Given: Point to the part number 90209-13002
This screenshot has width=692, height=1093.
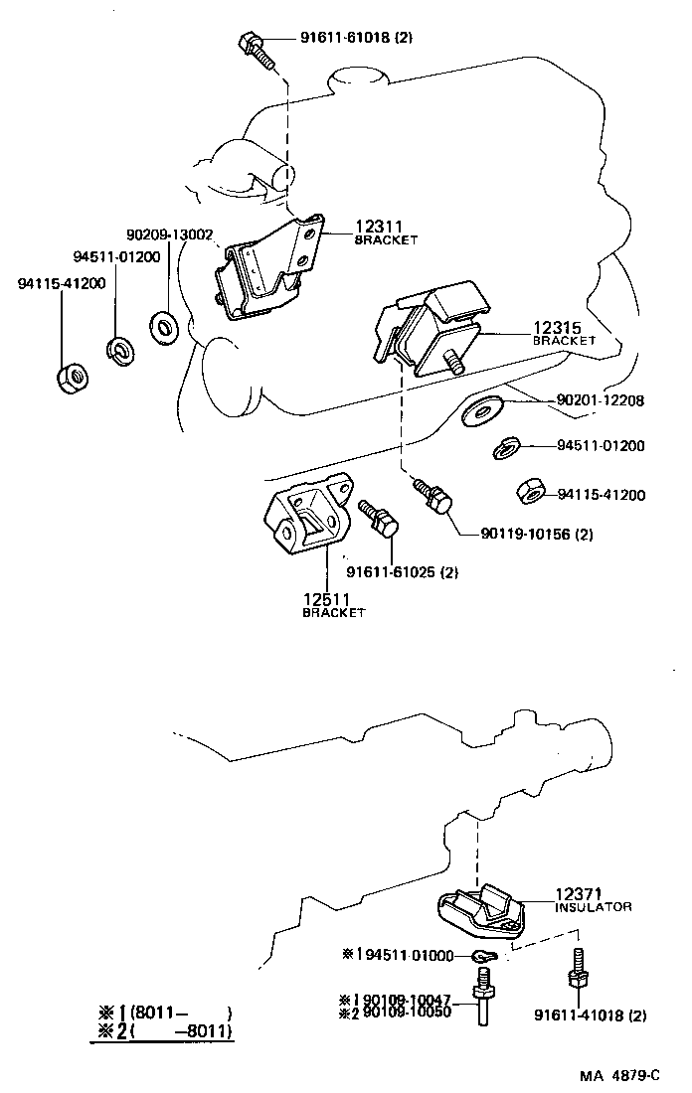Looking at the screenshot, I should [x=170, y=234].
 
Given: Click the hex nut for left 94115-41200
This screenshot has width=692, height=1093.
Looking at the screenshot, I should [x=73, y=378].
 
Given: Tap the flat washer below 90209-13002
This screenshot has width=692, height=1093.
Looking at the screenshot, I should [x=162, y=324].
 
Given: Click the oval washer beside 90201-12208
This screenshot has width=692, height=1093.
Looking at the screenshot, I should [x=482, y=408].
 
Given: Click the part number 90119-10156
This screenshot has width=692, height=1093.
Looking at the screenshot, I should [x=536, y=534].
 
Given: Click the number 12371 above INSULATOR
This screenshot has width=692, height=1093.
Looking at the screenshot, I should [x=579, y=894].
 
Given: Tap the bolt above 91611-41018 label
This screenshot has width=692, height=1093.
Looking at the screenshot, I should [x=578, y=969].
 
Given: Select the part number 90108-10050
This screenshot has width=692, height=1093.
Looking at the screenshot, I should [x=408, y=1012].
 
